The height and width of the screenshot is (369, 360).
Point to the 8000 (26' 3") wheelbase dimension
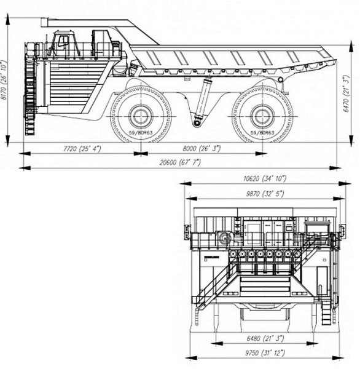(x=203, y=149)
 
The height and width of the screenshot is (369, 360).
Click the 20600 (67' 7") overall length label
(x=182, y=162)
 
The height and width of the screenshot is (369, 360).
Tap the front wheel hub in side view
(x=141, y=116)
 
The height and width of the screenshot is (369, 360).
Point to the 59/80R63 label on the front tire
(x=141, y=132)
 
